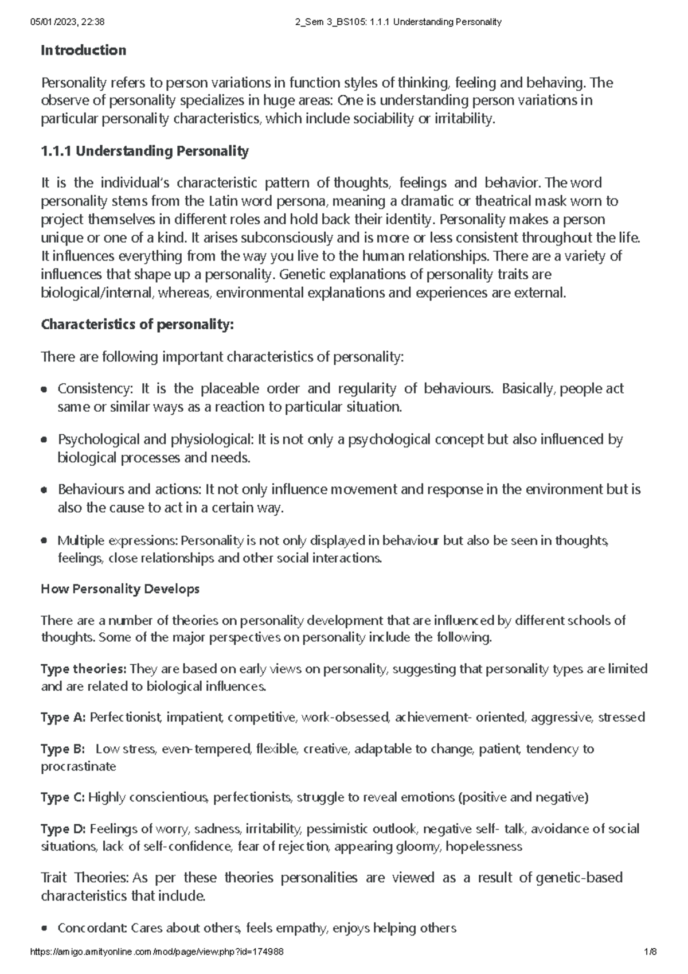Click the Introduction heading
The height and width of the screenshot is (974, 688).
coord(83,50)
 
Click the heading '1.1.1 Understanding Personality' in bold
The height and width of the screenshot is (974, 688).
coord(144,151)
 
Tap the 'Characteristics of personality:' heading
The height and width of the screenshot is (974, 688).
coord(138,325)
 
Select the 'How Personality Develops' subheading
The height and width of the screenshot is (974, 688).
coord(120,589)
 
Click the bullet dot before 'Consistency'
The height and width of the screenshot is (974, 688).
coord(44,389)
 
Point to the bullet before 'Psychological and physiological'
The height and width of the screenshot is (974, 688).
coord(44,440)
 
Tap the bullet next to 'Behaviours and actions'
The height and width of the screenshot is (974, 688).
coord(44,490)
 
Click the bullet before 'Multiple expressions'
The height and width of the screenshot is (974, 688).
coord(44,541)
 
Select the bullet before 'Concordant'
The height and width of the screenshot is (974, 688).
coord(44,929)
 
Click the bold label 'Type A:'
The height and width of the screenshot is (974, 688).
coord(63,718)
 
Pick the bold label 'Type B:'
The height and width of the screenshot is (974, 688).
coord(63,749)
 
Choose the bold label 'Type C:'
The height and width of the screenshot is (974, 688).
coord(63,797)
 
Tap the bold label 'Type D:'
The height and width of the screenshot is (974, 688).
coord(63,829)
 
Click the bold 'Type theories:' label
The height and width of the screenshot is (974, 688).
coord(84,669)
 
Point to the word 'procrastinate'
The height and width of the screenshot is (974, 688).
coord(78,767)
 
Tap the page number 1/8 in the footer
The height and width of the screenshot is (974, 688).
coord(650,952)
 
